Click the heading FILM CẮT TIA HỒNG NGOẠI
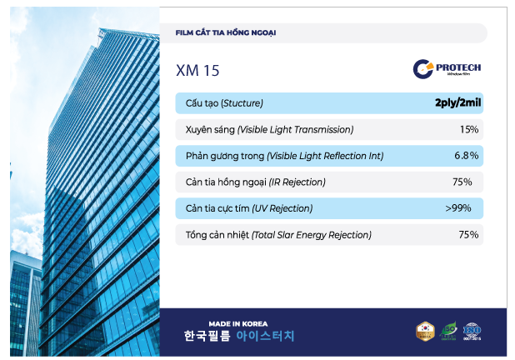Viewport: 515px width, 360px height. [x=226, y=33]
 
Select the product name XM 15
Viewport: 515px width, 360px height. [x=197, y=71]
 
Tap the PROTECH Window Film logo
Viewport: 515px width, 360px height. [x=447, y=68]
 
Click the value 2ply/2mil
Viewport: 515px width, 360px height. [x=458, y=103]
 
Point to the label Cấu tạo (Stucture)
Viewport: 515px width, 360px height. [x=224, y=103]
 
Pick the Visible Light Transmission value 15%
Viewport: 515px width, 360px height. [x=468, y=129]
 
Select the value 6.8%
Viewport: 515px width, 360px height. [x=466, y=156]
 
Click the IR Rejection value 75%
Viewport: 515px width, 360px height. [x=462, y=182]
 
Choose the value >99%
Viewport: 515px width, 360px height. [x=459, y=208]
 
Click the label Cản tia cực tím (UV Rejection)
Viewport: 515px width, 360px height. [x=248, y=208]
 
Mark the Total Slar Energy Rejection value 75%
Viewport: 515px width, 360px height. [x=468, y=235]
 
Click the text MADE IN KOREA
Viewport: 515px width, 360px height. [x=238, y=324]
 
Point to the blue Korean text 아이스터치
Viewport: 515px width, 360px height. [x=265, y=337]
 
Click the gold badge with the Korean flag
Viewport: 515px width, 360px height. [x=425, y=332]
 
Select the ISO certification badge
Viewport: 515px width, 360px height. [x=472, y=332]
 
